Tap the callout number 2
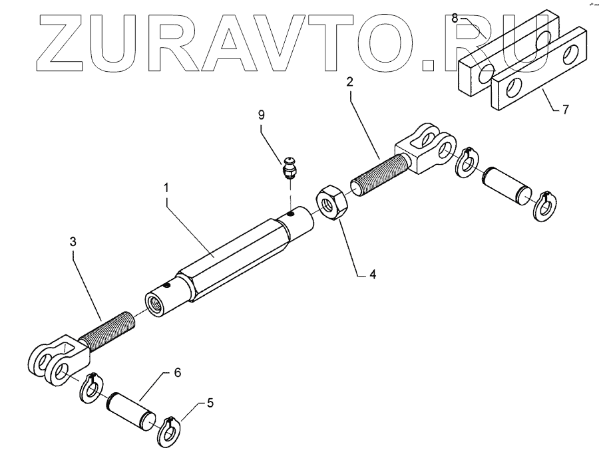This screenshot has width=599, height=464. coord(349,82)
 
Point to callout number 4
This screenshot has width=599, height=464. coord(373,273)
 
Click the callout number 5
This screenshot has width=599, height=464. coord(210,403)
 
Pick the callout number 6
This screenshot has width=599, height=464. coord(177,373)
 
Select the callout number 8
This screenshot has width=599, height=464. coord(455,18)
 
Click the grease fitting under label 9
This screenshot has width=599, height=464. coord(290,168)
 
